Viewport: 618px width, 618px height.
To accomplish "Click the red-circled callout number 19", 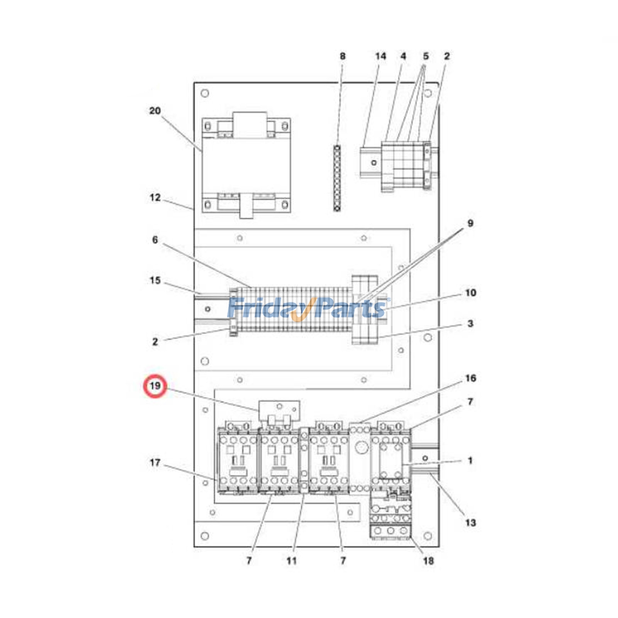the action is point(155,386).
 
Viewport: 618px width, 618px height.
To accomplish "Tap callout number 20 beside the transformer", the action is point(155,111).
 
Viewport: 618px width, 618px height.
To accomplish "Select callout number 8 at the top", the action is point(343,56).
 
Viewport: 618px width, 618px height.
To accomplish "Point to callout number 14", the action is point(380,56).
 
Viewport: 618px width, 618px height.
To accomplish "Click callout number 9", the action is point(470,223).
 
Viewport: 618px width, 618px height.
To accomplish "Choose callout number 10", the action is point(470,293).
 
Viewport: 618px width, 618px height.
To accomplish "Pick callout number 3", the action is point(470,323).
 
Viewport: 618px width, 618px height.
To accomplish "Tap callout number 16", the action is point(470,378).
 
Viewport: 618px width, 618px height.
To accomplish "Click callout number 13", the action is point(470,523).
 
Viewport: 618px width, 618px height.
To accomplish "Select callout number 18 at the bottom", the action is point(428,560).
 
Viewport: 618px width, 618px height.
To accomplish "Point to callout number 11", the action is point(292,560).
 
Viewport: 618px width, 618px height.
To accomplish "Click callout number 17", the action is point(155,462).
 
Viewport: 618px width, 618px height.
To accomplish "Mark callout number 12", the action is point(155,197).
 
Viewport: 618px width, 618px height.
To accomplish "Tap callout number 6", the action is point(155,240).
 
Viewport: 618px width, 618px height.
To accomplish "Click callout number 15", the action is point(155,280).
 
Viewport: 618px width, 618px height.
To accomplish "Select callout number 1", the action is point(470,460).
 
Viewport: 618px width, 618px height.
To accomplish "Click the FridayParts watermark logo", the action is point(308,308).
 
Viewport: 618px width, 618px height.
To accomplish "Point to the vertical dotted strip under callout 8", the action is point(337,178).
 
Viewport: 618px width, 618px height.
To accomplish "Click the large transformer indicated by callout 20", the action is point(246,165).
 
